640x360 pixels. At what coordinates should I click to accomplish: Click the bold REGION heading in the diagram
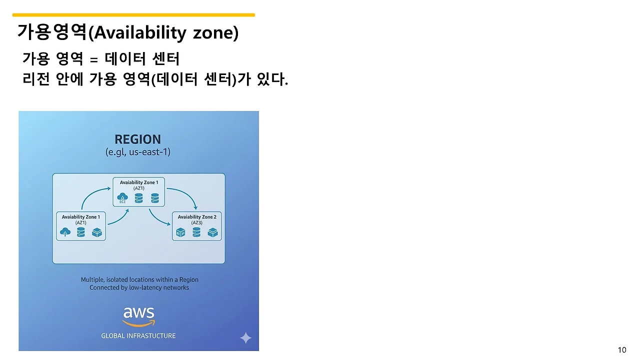point(137,139)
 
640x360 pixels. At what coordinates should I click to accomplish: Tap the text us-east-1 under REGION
point(149,151)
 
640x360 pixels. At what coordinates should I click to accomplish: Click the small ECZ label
point(122,202)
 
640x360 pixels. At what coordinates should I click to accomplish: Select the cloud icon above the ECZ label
point(122,196)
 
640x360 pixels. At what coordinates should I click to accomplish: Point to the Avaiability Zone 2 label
point(197,217)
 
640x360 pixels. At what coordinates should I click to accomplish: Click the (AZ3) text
point(196,222)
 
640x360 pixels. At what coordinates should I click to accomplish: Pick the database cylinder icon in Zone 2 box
point(196,232)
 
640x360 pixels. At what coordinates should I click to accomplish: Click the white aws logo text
point(139,312)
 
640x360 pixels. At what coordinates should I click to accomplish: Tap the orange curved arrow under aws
point(139,323)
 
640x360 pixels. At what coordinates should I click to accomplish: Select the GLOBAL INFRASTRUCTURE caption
point(138,335)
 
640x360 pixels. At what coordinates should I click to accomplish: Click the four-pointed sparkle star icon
point(245,338)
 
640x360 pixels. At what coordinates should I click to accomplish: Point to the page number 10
point(622,350)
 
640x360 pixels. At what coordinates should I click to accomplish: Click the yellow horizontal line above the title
point(133,15)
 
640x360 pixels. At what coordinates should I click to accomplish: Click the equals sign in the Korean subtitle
point(93,59)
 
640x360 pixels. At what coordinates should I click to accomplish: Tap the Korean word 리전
point(36,79)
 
